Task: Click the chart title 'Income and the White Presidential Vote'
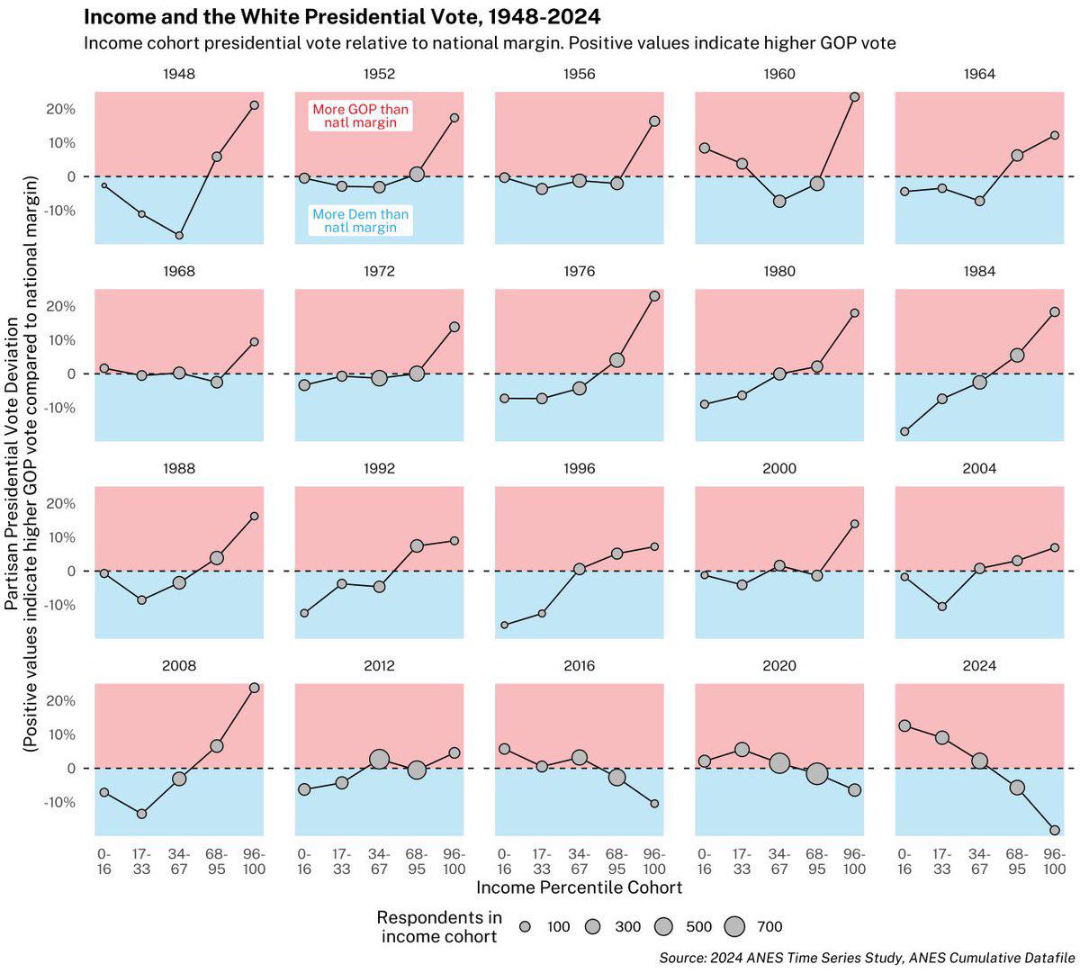342,17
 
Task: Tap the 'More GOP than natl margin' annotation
360,115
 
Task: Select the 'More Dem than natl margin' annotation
360,221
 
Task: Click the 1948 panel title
180,74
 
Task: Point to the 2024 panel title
979,666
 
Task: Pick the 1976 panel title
579,271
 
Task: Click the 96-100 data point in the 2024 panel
1054,830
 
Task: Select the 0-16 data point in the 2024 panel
904,725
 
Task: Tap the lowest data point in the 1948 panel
179,235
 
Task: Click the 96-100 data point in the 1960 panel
854,96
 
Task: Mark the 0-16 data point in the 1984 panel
904,431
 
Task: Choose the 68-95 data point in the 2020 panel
816,773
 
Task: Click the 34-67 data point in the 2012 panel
379,760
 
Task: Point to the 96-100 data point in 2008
254,688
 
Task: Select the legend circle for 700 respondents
735,926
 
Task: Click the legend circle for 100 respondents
526,926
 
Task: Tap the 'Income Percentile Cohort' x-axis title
579,887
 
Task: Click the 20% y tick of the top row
61,109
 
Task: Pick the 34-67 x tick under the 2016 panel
579,861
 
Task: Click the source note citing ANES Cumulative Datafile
867,956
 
